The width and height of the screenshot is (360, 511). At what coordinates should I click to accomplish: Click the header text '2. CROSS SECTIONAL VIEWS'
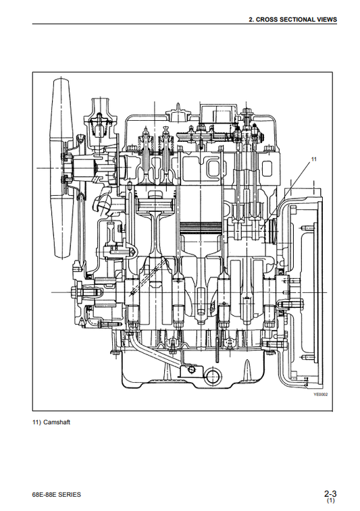(292, 20)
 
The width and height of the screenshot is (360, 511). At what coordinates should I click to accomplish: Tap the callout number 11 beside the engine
(313, 159)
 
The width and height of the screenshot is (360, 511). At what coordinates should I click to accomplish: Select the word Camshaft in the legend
(57, 423)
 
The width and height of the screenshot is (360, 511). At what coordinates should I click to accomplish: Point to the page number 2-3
(330, 493)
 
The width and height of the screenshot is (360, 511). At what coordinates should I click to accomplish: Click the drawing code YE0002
(321, 395)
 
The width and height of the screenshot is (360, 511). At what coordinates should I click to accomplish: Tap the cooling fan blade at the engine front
(61, 167)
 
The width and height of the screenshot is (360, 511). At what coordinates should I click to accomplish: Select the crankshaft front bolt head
(74, 291)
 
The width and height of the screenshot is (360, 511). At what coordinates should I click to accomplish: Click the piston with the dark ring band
(201, 227)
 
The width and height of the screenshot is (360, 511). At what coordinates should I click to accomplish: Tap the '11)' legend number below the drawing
(37, 423)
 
